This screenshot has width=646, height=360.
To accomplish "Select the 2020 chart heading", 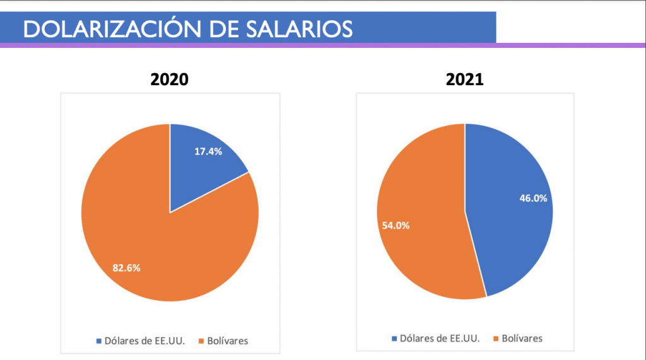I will point(169,80).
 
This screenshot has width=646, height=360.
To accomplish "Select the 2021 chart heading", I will point(464,80).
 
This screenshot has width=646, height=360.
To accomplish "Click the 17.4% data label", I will point(208,151).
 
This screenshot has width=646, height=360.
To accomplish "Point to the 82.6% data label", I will point(126,268).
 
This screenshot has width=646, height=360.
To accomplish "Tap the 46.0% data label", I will point(532,197).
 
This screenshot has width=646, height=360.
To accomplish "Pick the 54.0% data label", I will point(395,225).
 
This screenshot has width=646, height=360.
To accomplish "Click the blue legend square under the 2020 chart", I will point(98,341).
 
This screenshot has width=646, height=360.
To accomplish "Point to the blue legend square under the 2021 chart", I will point(394,339).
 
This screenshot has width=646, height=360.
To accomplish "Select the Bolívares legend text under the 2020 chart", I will point(227,341).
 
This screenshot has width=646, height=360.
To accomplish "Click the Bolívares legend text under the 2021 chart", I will point(522,339).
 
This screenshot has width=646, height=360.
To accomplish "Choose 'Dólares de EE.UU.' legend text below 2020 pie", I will point(143,341).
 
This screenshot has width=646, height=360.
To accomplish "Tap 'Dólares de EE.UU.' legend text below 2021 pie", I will point(439,339).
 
